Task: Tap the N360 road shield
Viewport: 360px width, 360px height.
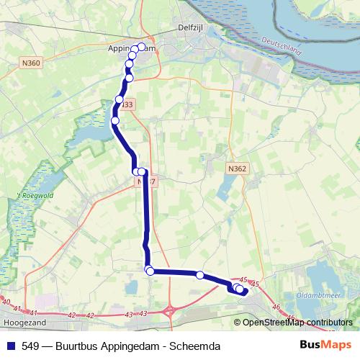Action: point(32,63)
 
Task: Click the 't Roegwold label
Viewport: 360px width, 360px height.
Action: point(33,194)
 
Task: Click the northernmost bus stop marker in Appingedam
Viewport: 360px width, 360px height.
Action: point(141,47)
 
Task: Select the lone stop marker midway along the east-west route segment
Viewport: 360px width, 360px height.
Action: point(200,274)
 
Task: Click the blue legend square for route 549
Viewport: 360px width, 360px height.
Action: point(10,346)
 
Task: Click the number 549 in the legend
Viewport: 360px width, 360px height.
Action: point(30,346)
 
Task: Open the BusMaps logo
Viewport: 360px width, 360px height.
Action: point(325,346)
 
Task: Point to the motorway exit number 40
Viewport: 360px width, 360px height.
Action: point(6,302)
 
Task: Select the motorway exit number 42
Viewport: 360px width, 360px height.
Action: point(71,315)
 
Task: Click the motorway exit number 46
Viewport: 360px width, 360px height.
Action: point(277,307)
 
